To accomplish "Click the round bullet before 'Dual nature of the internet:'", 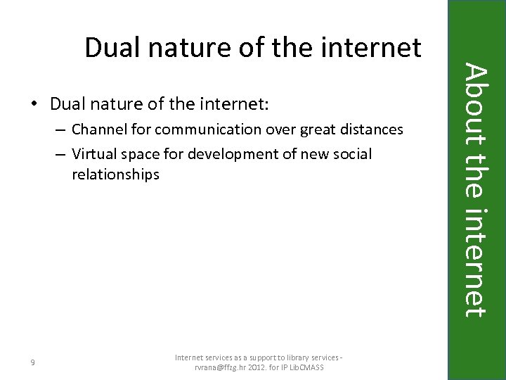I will tap(34, 106).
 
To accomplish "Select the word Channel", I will tap(98, 129).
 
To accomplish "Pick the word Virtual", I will tap(93, 153).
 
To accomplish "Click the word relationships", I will tap(115, 174).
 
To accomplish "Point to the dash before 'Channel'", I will tap(63, 130).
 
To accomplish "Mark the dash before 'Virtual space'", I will tap(63, 154).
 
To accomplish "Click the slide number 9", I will tap(34, 362).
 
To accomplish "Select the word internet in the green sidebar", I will tap(476, 261).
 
